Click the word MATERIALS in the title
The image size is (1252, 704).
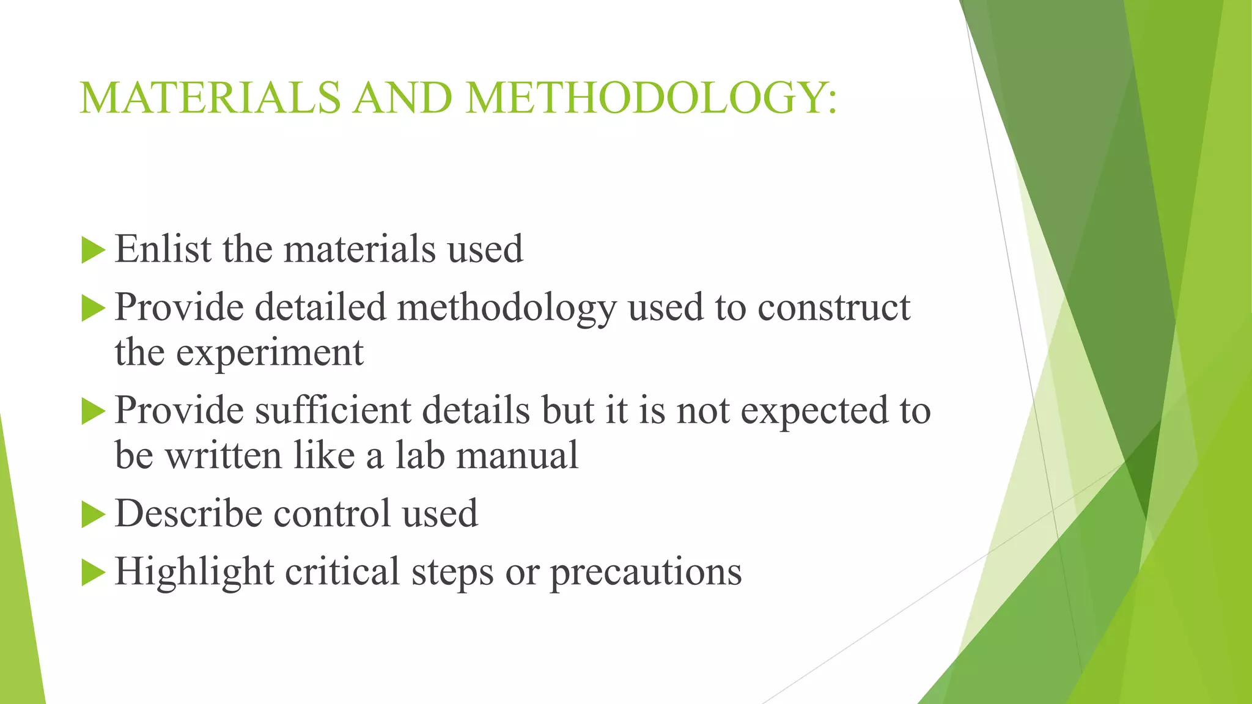coord(210,98)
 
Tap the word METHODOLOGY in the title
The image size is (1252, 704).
coord(643,98)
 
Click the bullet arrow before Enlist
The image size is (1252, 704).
coord(93,251)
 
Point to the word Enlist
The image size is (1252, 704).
coord(163,249)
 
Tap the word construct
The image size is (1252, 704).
coord(834,307)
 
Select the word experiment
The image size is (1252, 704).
coord(270,353)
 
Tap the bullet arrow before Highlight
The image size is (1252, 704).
coord(93,573)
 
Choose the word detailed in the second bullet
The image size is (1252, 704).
coord(320,307)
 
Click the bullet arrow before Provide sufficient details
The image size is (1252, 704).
coord(93,411)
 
